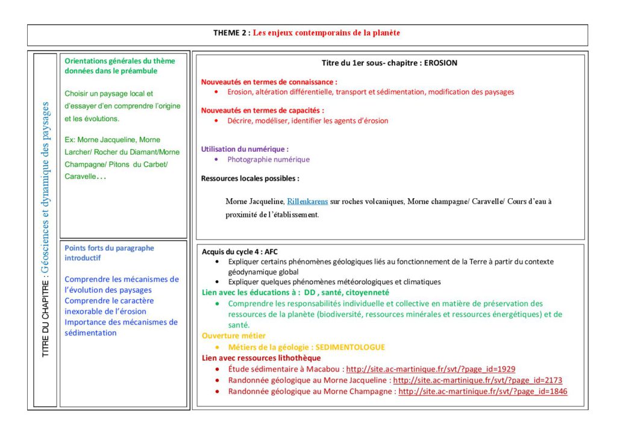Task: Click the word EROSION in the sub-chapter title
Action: tap(440, 63)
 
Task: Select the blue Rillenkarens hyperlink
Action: tap(307, 201)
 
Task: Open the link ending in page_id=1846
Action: tap(483, 391)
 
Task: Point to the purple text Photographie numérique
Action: tap(268, 160)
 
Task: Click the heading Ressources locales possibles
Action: tap(250, 179)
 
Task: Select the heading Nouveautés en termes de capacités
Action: tap(262, 110)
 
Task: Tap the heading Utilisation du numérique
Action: tap(245, 149)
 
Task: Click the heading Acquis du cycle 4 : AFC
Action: tap(240, 252)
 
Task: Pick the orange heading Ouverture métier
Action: tap(233, 336)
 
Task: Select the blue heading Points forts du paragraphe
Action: tap(109, 248)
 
